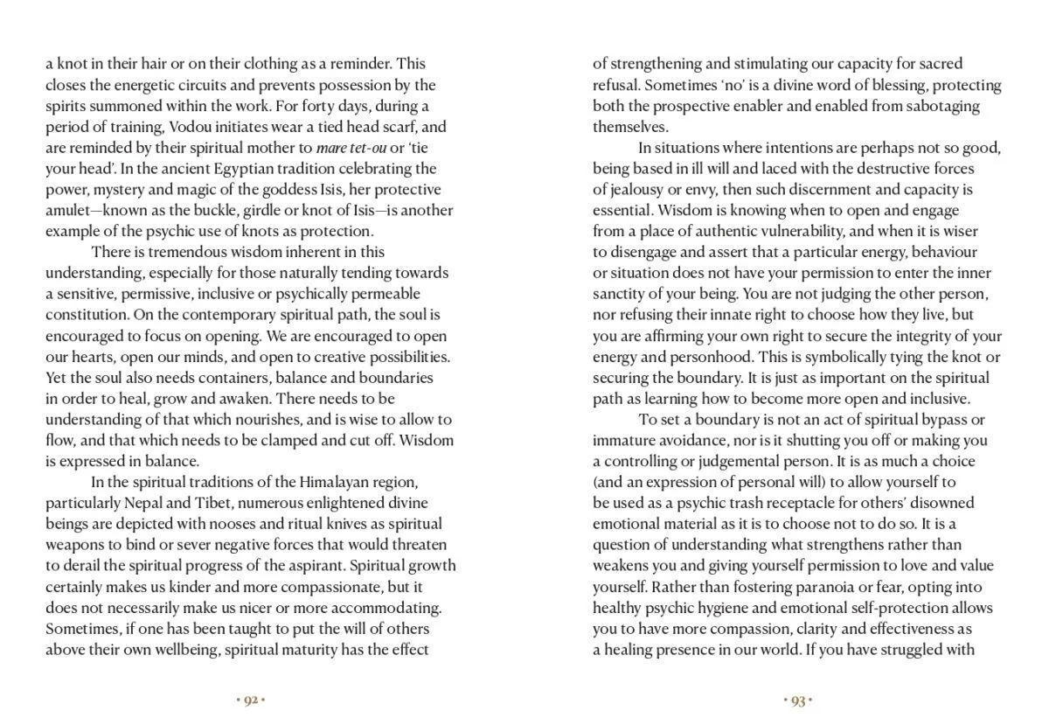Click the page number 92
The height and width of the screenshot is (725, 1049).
(x=251, y=701)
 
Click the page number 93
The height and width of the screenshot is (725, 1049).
(x=797, y=701)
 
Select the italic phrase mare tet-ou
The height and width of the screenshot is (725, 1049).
(x=351, y=148)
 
